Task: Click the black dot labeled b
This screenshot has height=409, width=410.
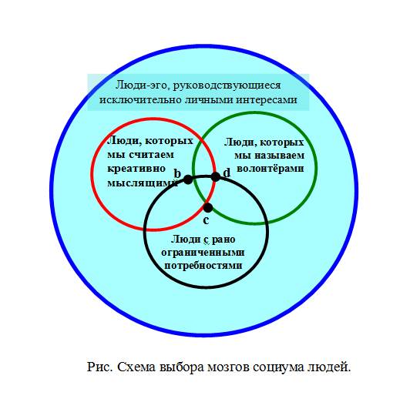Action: (188, 179)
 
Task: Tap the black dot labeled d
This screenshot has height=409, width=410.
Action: (216, 177)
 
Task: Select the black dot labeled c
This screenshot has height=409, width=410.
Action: (208, 208)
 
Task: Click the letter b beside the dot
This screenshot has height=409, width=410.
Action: (177, 173)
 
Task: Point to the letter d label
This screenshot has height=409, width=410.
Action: (227, 173)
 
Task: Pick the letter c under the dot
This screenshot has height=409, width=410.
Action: (206, 220)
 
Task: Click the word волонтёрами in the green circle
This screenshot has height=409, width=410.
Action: (271, 169)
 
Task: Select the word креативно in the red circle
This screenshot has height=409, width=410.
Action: (136, 168)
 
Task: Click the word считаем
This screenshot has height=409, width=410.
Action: (152, 155)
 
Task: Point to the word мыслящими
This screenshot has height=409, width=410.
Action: (143, 183)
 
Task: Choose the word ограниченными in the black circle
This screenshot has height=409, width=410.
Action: (203, 253)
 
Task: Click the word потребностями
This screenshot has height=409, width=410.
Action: (203, 266)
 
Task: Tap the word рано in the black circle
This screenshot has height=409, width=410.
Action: (223, 240)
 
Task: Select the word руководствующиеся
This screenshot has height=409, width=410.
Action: (227, 85)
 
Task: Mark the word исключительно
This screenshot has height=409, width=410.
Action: (140, 100)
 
